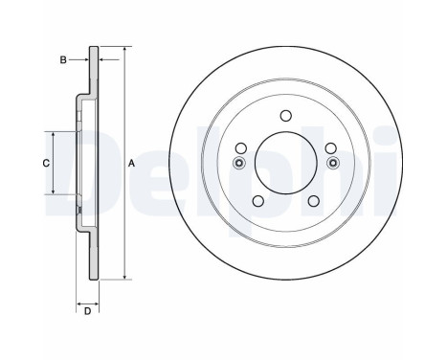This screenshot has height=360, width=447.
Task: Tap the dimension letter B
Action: [63, 59]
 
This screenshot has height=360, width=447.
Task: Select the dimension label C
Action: [45, 163]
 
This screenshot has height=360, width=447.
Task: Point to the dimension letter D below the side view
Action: [86, 310]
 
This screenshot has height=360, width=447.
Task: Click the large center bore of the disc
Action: [284, 161]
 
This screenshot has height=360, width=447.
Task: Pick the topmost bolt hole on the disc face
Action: [284, 116]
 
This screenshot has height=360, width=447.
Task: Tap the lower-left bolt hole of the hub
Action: [257, 199]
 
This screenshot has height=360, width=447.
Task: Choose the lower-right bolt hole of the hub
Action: [312, 199]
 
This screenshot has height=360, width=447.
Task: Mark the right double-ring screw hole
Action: [331, 163]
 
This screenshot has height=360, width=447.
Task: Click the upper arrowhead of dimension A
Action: [124, 48]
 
